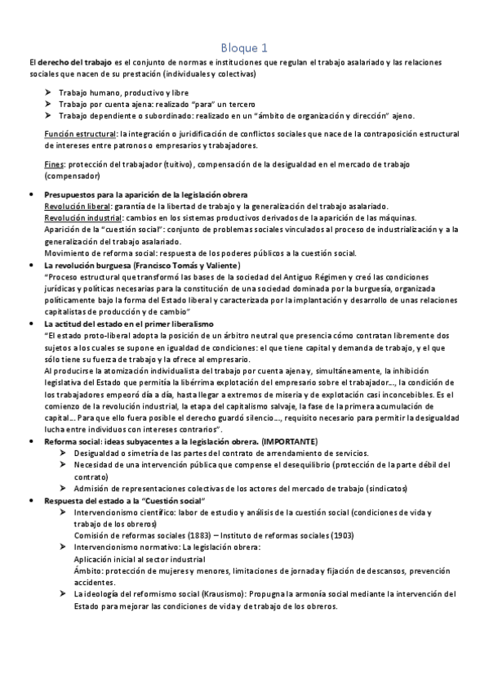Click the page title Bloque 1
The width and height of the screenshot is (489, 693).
coord(244,47)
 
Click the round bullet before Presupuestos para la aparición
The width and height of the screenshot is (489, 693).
coord(30,195)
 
